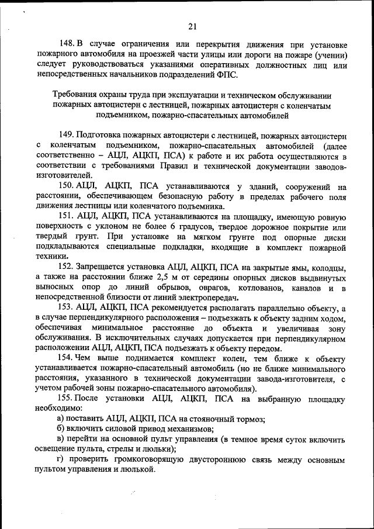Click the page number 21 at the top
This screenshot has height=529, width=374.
coord(192,26)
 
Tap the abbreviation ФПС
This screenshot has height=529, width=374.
coord(226,75)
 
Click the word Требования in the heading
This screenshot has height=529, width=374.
coord(76,95)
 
